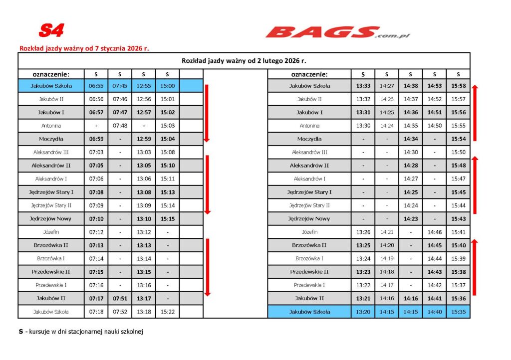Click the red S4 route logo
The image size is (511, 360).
pyautogui.click(x=51, y=31)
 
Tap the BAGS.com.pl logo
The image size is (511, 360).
pyautogui.click(x=337, y=33)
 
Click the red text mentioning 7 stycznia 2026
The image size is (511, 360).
pyautogui.click(x=84, y=49)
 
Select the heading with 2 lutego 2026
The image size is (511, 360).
pyautogui.click(x=244, y=61)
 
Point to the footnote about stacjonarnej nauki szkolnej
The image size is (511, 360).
pyautogui.click(x=81, y=332)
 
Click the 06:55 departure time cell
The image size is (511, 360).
pyautogui.click(x=96, y=86)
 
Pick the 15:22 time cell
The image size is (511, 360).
pyautogui.click(x=167, y=312)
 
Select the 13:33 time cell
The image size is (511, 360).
pyautogui.click(x=363, y=86)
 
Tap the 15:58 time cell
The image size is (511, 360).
pyautogui.click(x=458, y=86)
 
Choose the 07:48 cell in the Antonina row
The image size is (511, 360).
pyautogui.click(x=120, y=126)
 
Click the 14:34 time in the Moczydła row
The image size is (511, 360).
pyautogui.click(x=410, y=139)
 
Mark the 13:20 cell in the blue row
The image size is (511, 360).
pyautogui.click(x=363, y=312)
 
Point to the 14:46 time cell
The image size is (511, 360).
pyautogui.click(x=434, y=232)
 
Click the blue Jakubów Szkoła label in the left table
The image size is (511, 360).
pyautogui.click(x=51, y=86)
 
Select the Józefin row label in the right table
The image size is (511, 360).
pyautogui.click(x=309, y=232)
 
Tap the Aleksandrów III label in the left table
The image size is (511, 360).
pyautogui.click(x=51, y=152)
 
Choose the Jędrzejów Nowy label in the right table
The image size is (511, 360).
pyautogui.click(x=309, y=218)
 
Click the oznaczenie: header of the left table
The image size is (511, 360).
pyautogui.click(x=51, y=74)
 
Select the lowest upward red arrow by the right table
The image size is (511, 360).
pyautogui.click(x=475, y=267)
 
